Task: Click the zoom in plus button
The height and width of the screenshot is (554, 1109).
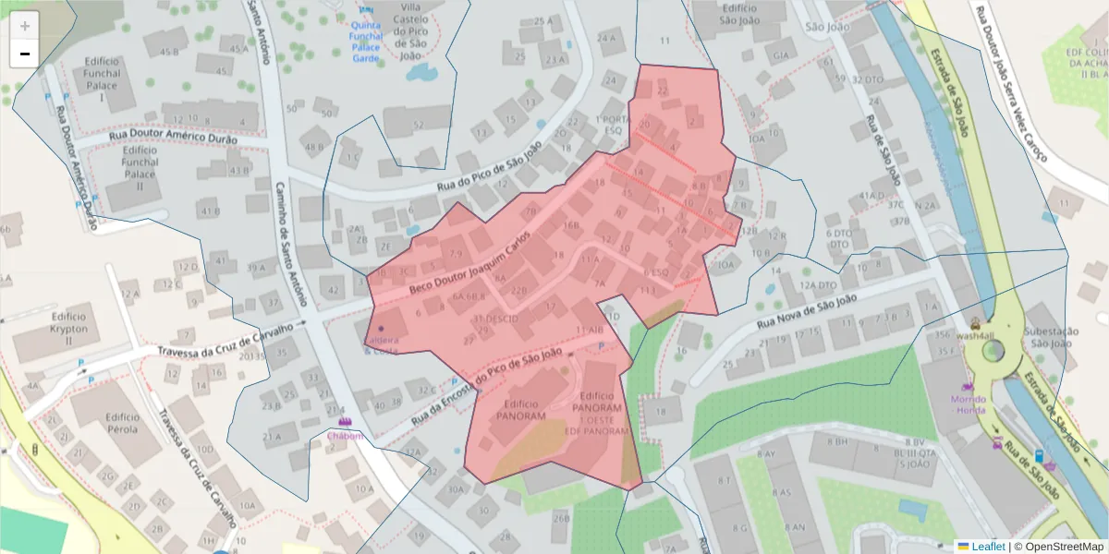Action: pos(25,25)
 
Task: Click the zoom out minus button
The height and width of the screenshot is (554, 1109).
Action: pos(25,53)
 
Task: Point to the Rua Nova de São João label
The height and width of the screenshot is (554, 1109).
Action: pos(808,312)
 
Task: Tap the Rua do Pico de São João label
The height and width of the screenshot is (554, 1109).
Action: pos(489,168)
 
